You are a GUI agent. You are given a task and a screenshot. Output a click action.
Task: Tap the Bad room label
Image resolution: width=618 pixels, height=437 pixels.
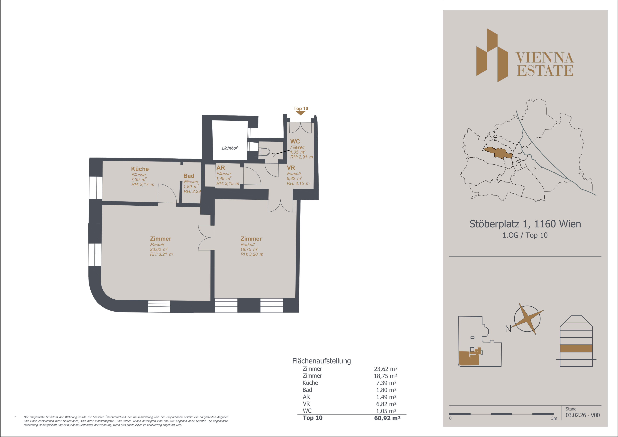point(189,176)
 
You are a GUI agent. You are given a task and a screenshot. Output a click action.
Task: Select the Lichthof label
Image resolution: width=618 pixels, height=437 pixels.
point(229,148)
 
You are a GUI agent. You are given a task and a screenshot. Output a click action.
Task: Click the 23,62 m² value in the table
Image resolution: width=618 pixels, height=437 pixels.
point(385,369)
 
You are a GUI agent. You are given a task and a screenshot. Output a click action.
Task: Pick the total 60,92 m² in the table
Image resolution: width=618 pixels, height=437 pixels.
point(387,418)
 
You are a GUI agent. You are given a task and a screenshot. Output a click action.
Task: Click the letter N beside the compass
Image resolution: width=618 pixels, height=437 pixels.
point(508,329)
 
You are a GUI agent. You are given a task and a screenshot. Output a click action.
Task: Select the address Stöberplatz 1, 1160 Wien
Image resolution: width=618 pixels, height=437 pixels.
point(525,224)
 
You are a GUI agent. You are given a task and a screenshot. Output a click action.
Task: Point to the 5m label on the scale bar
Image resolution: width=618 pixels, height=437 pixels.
point(554,418)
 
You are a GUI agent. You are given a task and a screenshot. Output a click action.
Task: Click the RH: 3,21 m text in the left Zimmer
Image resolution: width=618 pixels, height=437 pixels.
point(161,254)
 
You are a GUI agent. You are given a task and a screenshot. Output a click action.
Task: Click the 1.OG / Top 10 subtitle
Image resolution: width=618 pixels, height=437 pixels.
point(525,235)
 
